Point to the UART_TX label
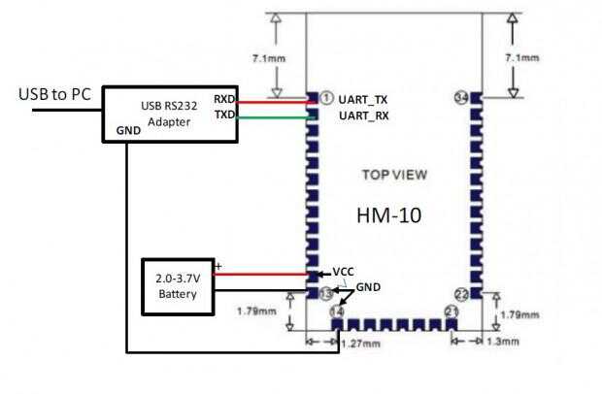coord(364,99)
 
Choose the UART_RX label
coord(364,116)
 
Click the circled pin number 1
coord(327,98)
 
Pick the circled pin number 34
coord(462,98)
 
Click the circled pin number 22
coord(462,293)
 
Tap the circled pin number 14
coord(337,311)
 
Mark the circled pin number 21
coord(451,311)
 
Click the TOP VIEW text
coord(394,176)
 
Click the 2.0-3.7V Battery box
coord(177,286)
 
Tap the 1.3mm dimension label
coord(503,343)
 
